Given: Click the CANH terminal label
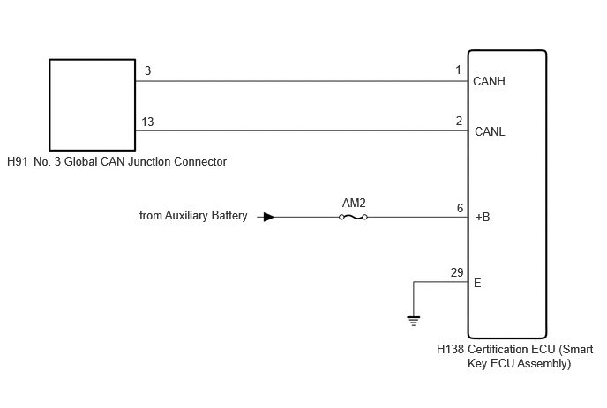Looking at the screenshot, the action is coord(489,81).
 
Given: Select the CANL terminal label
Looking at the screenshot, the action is coord(490,131).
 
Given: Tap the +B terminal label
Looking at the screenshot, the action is coord(483,217).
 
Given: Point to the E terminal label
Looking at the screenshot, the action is coord(477,283).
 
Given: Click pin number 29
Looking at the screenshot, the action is coord(457,272).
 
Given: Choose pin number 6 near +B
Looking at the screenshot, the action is coord(460,208).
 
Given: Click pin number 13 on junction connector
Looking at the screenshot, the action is coord(147,122).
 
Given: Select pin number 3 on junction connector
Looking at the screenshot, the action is coord(147,70).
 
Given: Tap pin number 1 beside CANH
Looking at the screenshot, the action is coord(459,70).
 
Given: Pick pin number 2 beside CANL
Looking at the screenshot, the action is coord(459,121).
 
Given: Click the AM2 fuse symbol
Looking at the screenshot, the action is coord(353,218).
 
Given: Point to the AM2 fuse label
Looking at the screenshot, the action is coord(354,203).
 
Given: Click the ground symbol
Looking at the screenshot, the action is coord(414,321).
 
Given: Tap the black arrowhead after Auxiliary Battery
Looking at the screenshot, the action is coord(269,217).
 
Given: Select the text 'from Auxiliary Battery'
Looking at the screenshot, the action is coord(193,215).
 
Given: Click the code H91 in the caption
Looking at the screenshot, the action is coord(18,161).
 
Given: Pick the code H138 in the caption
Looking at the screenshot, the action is coord(450,349).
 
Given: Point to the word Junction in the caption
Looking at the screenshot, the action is coord(149,161).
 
